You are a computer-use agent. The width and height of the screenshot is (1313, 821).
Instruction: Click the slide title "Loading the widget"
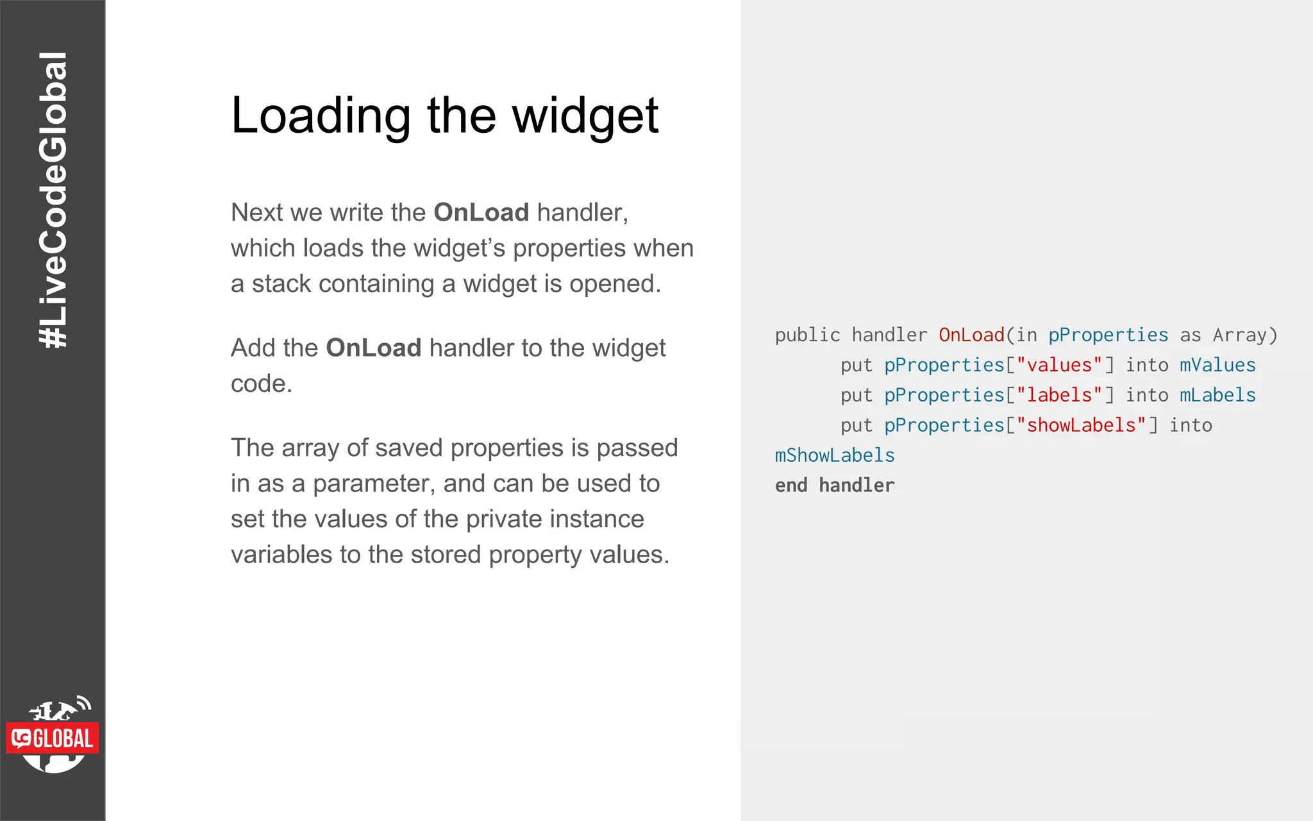coord(444,116)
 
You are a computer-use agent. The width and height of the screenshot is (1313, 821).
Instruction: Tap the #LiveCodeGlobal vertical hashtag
coord(53,200)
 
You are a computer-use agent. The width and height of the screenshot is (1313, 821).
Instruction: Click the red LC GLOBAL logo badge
coord(53,738)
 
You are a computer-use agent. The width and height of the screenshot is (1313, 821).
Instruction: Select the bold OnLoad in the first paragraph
coord(481,212)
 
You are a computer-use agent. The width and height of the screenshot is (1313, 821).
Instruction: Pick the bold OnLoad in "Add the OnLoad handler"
coord(373,348)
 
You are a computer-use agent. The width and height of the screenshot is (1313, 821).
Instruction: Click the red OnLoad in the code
coord(971,335)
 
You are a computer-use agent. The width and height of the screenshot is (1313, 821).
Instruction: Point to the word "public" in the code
coord(807,335)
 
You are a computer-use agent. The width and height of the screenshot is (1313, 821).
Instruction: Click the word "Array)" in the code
coord(1244,335)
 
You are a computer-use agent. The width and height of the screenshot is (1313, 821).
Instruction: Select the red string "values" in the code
coord(1059,365)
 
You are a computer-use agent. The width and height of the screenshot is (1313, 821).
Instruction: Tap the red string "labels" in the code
coord(1059,395)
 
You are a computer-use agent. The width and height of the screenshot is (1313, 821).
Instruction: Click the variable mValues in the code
coord(1217,365)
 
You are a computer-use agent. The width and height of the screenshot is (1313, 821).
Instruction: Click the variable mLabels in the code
coord(1217,395)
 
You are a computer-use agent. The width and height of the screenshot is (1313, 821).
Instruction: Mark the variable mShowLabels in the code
coord(834,455)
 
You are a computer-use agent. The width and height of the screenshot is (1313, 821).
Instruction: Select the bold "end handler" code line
coord(834,486)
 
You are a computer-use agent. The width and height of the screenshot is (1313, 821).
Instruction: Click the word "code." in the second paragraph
coord(261,384)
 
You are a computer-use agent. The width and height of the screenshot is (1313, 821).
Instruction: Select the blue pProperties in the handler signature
coord(1108,335)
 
